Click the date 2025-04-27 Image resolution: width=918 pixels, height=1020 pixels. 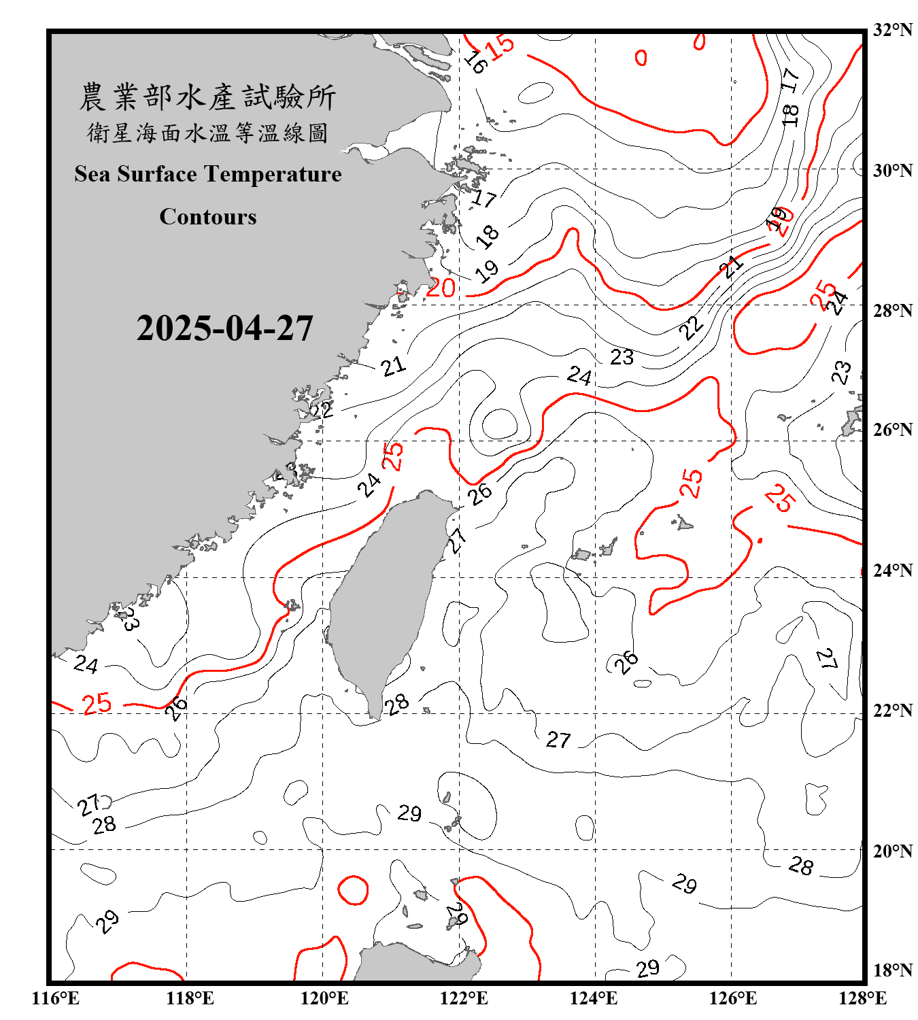pyautogui.click(x=224, y=328)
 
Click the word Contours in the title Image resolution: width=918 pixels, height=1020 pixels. pyautogui.click(x=208, y=217)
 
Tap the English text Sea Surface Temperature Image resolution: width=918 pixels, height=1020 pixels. pyautogui.click(x=208, y=174)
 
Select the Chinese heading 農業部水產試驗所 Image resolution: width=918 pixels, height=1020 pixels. pyautogui.click(x=208, y=97)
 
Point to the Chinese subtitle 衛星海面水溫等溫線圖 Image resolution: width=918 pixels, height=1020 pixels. pyautogui.click(x=208, y=133)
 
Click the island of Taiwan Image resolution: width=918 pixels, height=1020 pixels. pyautogui.click(x=384, y=598)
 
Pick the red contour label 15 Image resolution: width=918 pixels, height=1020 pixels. pyautogui.click(x=500, y=47)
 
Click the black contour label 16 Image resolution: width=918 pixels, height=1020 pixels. pyautogui.click(x=475, y=62)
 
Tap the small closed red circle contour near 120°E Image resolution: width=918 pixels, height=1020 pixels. pyautogui.click(x=353, y=889)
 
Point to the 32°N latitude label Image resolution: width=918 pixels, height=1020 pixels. pyautogui.click(x=892, y=30)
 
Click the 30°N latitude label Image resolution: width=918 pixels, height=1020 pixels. pyautogui.click(x=892, y=170)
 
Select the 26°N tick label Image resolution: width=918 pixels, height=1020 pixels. pyautogui.click(x=892, y=430)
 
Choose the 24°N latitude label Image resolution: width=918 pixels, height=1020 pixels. pyautogui.click(x=892, y=570)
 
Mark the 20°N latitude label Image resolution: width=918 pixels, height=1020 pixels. pyautogui.click(x=892, y=851)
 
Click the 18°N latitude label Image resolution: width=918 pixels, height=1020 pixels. pyautogui.click(x=892, y=970)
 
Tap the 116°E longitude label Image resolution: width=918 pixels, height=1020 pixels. pyautogui.click(x=56, y=998)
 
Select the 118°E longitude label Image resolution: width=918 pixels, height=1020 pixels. pyautogui.click(x=190, y=998)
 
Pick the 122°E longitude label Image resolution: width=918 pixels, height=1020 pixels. pyautogui.click(x=464, y=998)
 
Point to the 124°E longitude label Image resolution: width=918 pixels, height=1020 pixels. pyautogui.click(x=594, y=998)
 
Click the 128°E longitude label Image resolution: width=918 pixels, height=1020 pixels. pyautogui.click(x=862, y=998)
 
